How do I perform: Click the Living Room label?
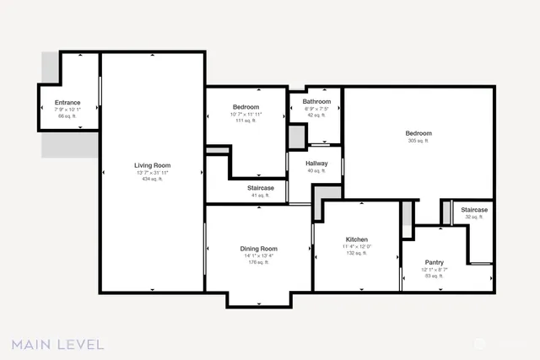(x=152, y=165)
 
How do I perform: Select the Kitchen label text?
(x=355, y=239)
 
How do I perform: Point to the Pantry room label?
(x=434, y=262)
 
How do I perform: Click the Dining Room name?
(x=258, y=249)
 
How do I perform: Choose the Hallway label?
(x=316, y=164)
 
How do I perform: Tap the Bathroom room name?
(x=316, y=102)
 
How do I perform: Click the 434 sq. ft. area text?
(x=152, y=179)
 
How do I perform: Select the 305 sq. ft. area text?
(x=418, y=142)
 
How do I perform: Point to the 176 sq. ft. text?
(x=258, y=262)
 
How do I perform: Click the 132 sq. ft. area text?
(x=355, y=253)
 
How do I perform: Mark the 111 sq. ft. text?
(x=246, y=121)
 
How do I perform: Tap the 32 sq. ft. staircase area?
(x=473, y=217)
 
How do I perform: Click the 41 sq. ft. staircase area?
(x=260, y=195)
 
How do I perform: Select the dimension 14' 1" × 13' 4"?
(x=258, y=255)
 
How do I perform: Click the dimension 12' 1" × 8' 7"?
(x=434, y=269)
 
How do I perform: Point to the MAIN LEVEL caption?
(x=57, y=344)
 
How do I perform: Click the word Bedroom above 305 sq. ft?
(x=418, y=133)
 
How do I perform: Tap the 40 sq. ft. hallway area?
(x=316, y=171)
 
